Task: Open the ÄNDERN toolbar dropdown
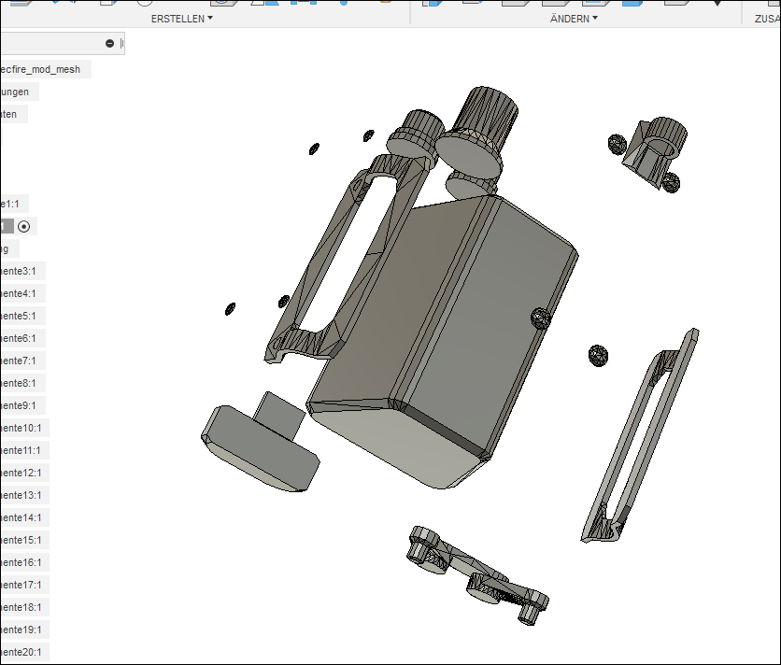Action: [574, 18]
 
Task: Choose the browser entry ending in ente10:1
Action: [22, 428]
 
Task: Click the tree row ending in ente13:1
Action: [22, 495]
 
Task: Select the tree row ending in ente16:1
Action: [22, 562]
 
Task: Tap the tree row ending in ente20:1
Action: [22, 652]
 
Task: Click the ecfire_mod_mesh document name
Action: [41, 69]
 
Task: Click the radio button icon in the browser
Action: [24, 226]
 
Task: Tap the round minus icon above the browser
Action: [109, 43]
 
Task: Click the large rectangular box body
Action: [439, 336]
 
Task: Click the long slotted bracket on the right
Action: [640, 439]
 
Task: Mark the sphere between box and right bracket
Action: [598, 355]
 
